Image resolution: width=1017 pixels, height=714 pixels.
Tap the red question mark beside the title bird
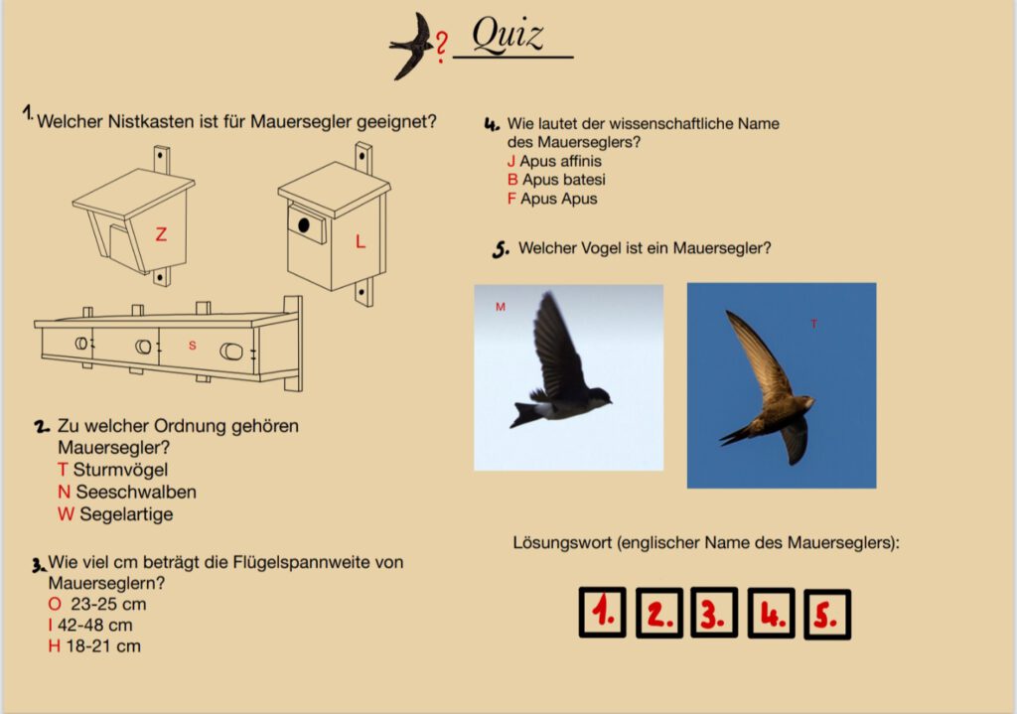coord(441,48)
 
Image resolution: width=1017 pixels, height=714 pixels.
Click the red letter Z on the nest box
coord(161,234)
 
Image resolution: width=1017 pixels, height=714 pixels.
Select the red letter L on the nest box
coord(361,242)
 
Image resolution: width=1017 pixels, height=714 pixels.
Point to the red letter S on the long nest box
coord(192,346)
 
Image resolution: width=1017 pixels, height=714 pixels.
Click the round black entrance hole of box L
coord(304,225)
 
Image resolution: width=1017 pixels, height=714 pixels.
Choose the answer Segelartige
coord(126,514)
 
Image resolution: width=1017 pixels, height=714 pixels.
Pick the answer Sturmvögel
coord(120,470)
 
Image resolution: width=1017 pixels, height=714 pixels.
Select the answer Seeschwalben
coord(136,492)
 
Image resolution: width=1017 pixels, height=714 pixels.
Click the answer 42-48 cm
coord(94,626)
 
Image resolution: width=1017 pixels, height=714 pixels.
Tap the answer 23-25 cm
coord(108,604)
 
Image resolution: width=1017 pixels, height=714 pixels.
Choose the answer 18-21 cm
coord(103,645)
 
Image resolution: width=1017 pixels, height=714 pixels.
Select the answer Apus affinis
coord(560,161)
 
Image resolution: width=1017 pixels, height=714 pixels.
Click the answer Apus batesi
coord(564,180)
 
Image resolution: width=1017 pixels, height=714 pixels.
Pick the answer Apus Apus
coord(558,199)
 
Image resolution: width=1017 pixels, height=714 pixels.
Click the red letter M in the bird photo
coord(501,307)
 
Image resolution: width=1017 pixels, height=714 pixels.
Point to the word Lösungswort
coord(562,543)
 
